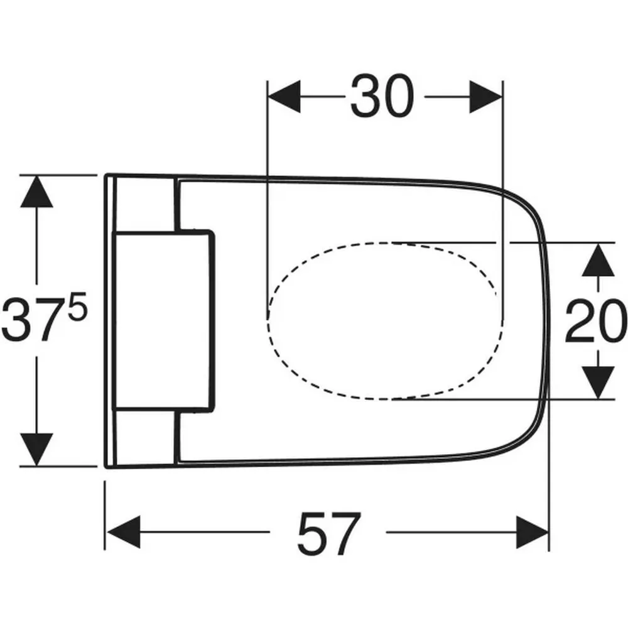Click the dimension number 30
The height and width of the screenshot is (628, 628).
pyautogui.click(x=382, y=96)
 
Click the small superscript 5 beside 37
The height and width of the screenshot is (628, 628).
pyautogui.click(x=77, y=306)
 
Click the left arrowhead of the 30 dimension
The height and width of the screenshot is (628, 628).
pyautogui.click(x=284, y=97)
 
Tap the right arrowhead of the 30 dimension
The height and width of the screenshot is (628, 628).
pyautogui.click(x=486, y=97)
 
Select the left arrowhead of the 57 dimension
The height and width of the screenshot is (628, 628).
pyautogui.click(x=124, y=532)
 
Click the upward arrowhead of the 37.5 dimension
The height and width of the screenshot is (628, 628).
pyautogui.click(x=36, y=192)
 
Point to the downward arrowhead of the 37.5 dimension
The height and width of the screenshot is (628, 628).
pyautogui.click(x=36, y=450)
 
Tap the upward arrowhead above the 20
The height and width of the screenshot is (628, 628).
pyautogui.click(x=598, y=260)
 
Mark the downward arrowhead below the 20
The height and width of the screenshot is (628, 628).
pyautogui.click(x=598, y=382)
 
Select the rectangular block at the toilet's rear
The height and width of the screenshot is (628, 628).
pyautogui.click(x=164, y=321)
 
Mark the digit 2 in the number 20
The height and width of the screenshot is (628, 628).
pyautogui.click(x=580, y=321)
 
